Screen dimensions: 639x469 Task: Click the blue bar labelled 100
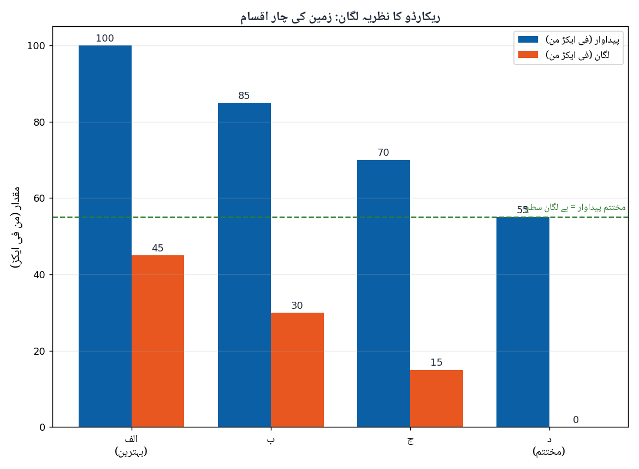click(105, 236)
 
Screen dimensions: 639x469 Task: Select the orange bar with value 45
click(158, 341)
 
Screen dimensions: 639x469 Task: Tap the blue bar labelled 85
click(245, 265)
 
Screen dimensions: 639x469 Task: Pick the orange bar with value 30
click(298, 370)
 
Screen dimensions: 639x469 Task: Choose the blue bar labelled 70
click(383, 294)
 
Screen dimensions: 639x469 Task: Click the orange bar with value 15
click(436, 398)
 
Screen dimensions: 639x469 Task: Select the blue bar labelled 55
click(523, 322)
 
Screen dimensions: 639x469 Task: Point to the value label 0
click(576, 420)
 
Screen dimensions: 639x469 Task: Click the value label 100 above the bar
click(105, 38)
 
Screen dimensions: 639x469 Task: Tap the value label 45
click(158, 248)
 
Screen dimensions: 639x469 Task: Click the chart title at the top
click(340, 17)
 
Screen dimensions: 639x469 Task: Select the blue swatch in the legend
click(528, 39)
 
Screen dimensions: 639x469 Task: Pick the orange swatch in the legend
click(528, 55)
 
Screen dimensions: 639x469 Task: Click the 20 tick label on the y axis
click(39, 351)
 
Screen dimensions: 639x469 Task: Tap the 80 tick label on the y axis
click(39, 122)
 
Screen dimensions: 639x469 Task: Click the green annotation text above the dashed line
click(575, 208)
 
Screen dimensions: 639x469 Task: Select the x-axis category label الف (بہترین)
click(131, 445)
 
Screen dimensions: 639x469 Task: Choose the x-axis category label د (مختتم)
click(549, 445)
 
